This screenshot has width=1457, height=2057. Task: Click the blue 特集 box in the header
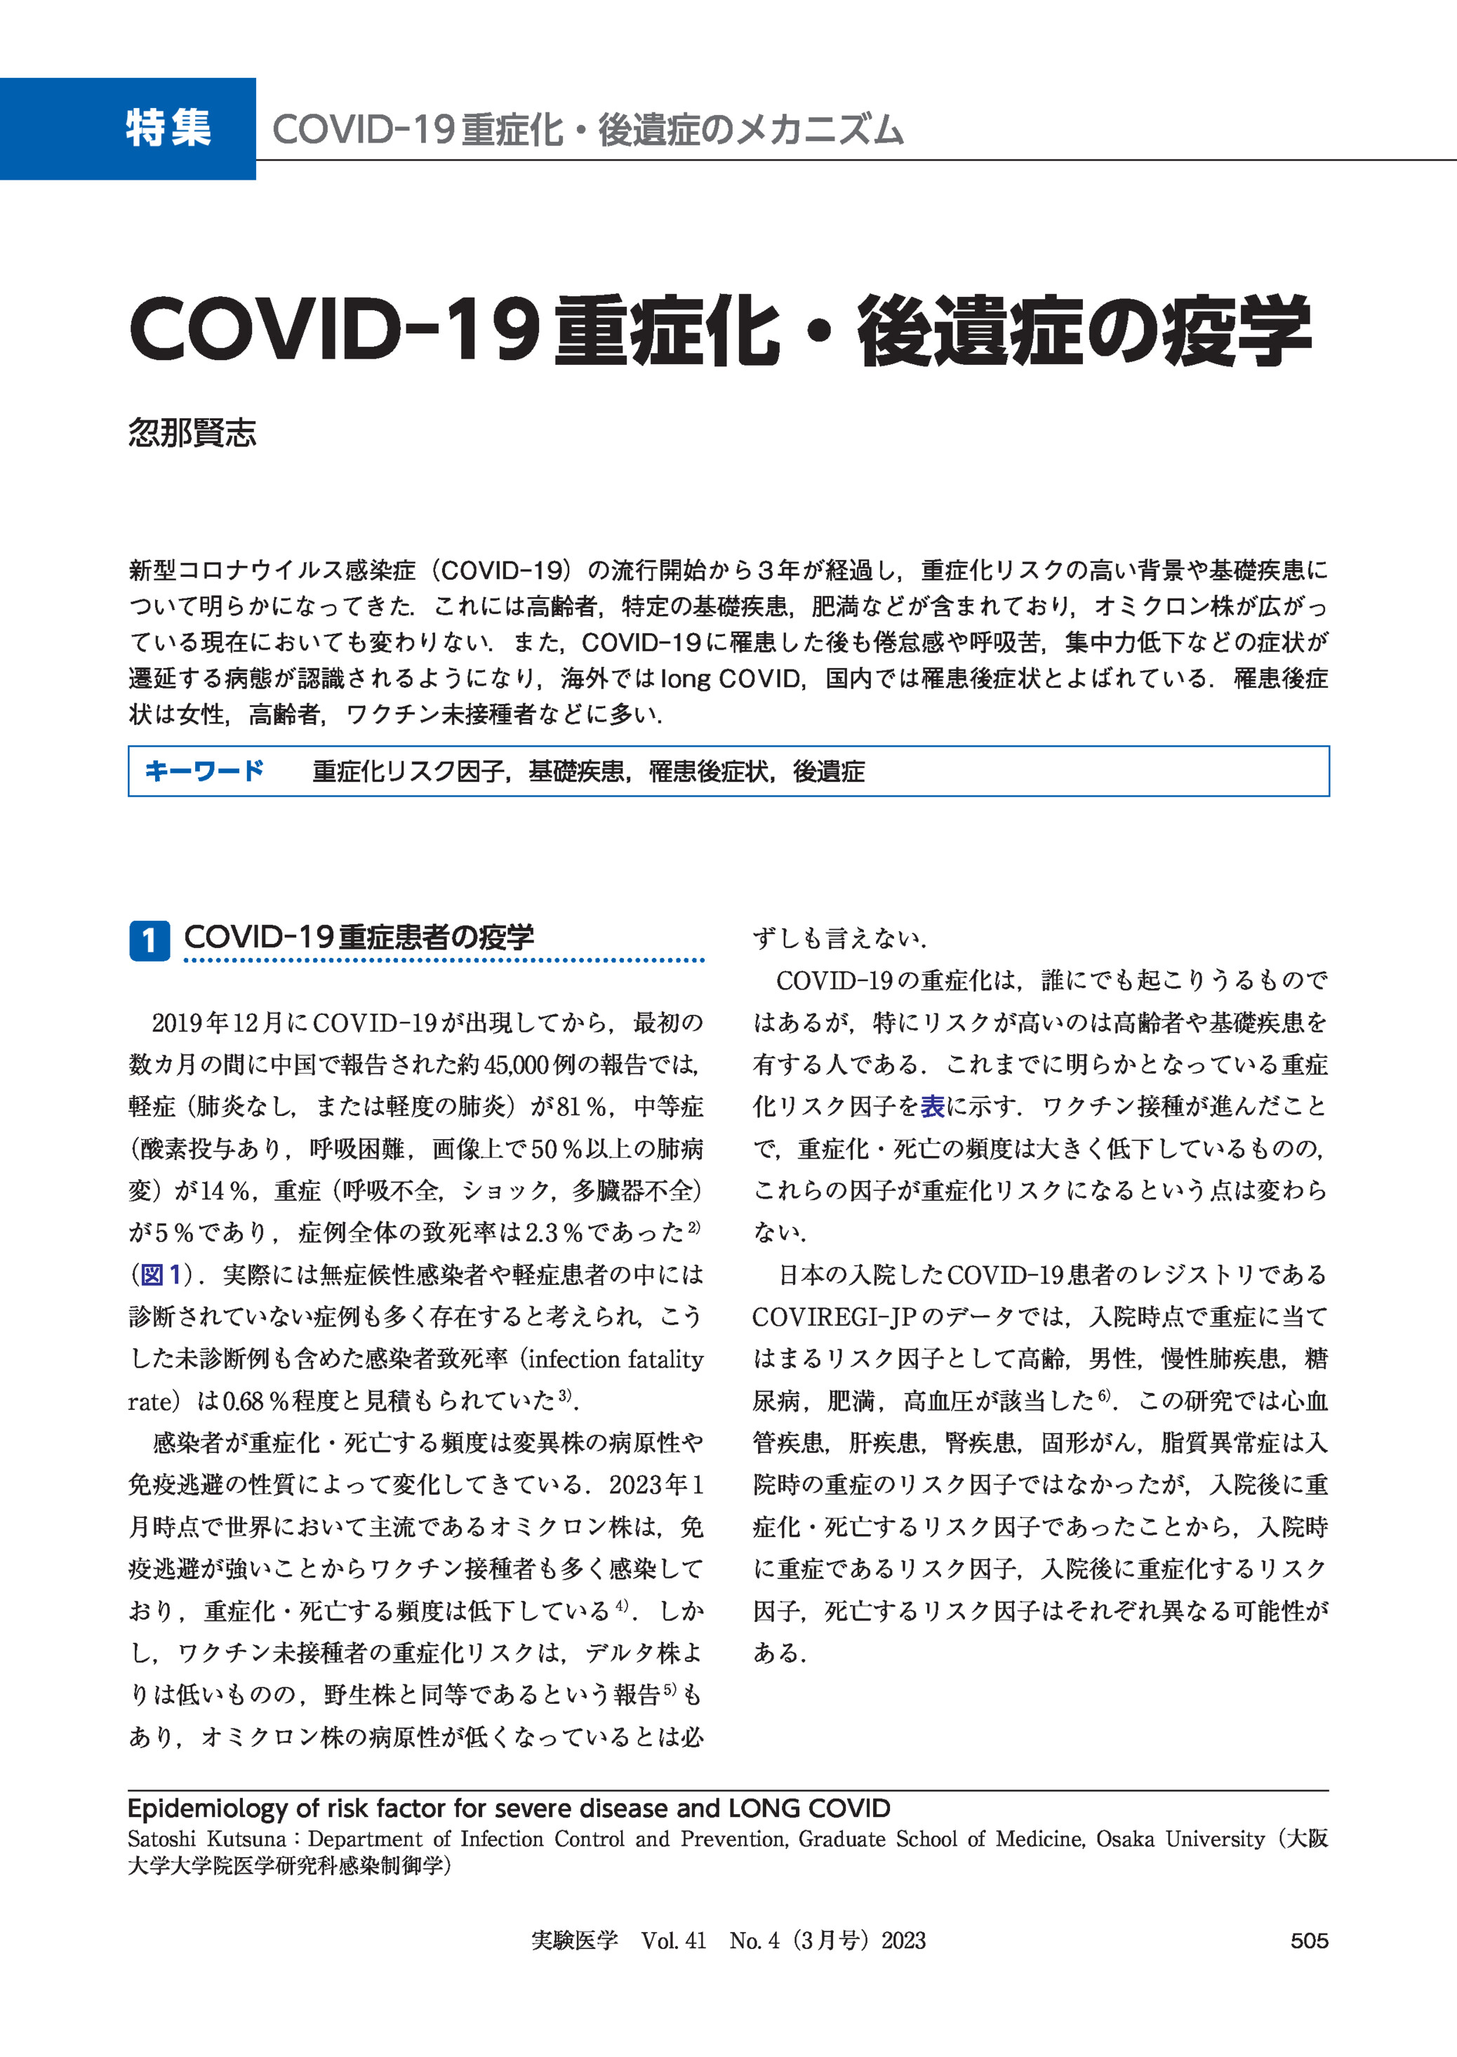pyautogui.click(x=128, y=128)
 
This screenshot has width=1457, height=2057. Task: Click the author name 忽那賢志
pyautogui.click(x=192, y=433)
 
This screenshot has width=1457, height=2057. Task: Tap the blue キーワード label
pyautogui.click(x=204, y=771)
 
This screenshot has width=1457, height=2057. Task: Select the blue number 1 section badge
pyautogui.click(x=149, y=940)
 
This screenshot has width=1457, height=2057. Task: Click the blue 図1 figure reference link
pyautogui.click(x=161, y=1274)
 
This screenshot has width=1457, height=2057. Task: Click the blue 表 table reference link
pyautogui.click(x=932, y=1107)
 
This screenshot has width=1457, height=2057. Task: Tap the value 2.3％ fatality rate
pyautogui.click(x=552, y=1232)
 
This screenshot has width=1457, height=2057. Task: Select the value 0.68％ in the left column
pyautogui.click(x=255, y=1402)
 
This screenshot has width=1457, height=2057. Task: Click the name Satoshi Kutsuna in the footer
pyautogui.click(x=206, y=1839)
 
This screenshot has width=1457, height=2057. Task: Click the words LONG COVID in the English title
pyautogui.click(x=809, y=1808)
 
